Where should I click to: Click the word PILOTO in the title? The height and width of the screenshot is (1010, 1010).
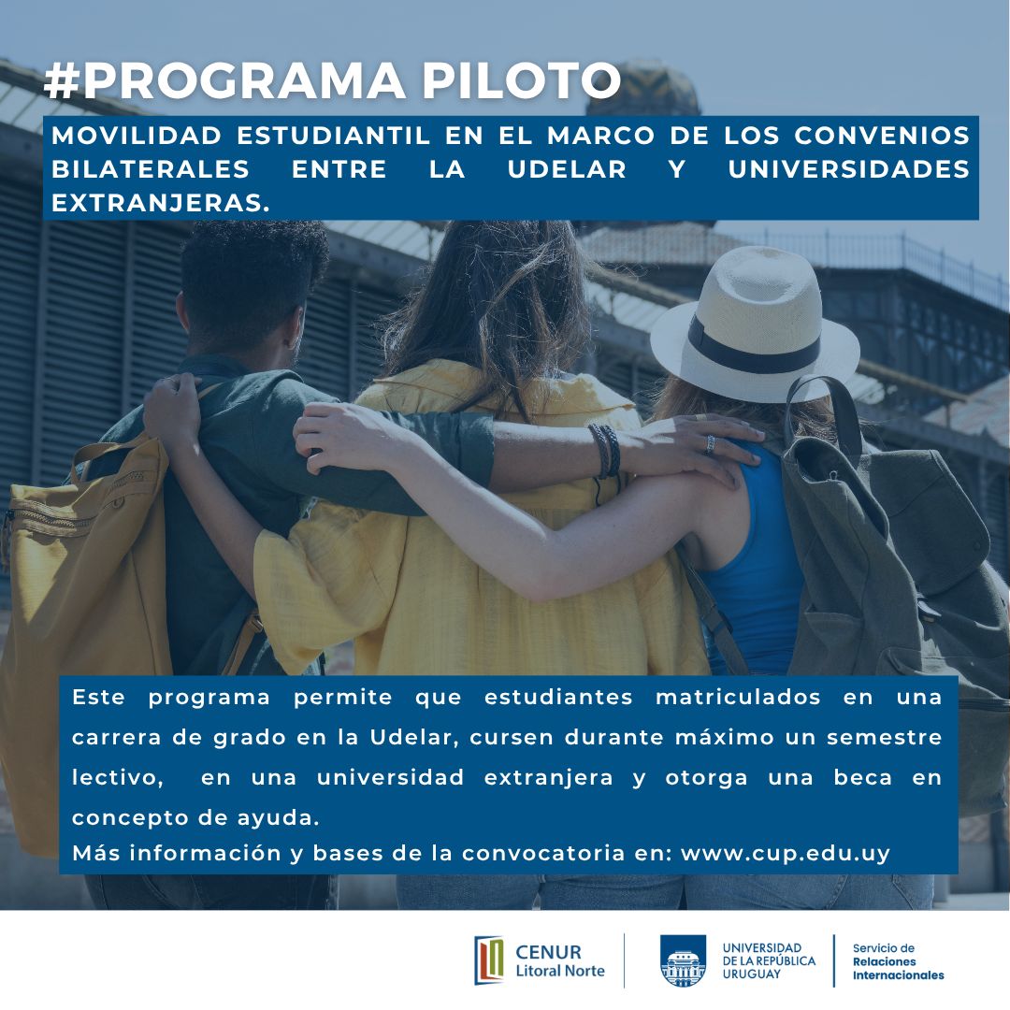(x=521, y=81)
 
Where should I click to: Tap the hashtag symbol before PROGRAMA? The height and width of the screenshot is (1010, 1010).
(x=61, y=81)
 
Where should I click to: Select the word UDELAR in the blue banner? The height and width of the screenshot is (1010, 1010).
(x=567, y=169)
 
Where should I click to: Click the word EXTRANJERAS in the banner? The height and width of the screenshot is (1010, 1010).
(x=160, y=204)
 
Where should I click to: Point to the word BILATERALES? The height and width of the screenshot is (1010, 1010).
(x=150, y=169)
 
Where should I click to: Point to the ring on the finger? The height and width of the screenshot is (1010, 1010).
(x=710, y=444)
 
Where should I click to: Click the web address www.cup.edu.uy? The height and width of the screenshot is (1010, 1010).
(x=786, y=854)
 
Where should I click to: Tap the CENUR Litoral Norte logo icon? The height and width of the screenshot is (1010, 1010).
(x=489, y=960)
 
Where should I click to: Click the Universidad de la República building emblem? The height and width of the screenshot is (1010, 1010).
(x=683, y=961)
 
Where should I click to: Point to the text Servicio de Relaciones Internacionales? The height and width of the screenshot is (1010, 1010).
(x=898, y=961)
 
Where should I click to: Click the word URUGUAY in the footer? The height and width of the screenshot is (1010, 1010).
(x=751, y=974)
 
